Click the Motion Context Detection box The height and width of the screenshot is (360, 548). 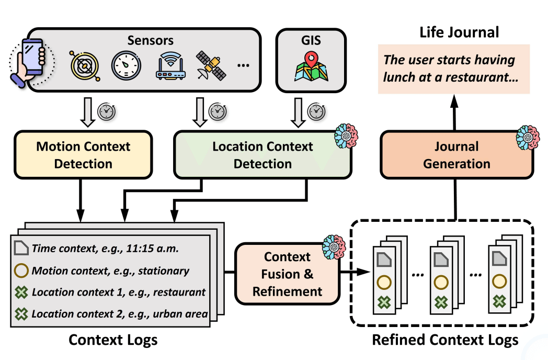click(x=83, y=155)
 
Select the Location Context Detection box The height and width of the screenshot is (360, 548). click(x=262, y=155)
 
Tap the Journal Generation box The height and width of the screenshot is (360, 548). click(x=456, y=155)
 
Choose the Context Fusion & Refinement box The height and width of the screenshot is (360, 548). click(x=287, y=274)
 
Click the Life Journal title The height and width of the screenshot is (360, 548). click(x=459, y=32)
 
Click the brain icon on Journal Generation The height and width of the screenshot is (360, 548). click(x=527, y=135)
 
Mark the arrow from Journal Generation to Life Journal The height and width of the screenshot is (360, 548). click(x=454, y=115)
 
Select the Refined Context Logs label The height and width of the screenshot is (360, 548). click(x=444, y=340)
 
